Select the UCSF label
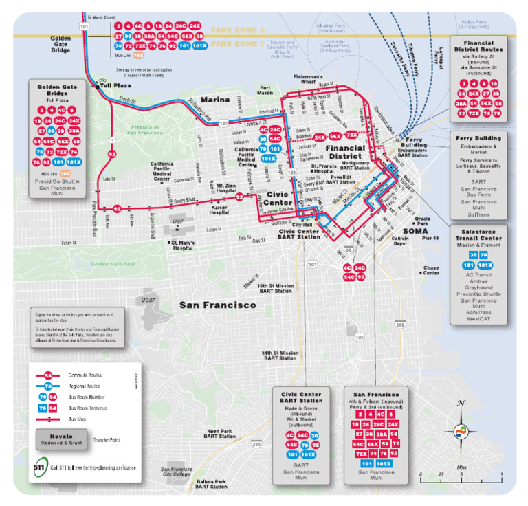(148, 300)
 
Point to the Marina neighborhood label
(215, 99)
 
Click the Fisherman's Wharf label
(307, 80)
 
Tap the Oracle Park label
(421, 221)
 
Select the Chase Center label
(431, 270)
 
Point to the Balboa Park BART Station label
(210, 483)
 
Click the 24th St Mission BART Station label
(279, 355)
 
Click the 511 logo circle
(41, 468)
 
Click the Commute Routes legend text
(85, 375)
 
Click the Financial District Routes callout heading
(478, 47)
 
